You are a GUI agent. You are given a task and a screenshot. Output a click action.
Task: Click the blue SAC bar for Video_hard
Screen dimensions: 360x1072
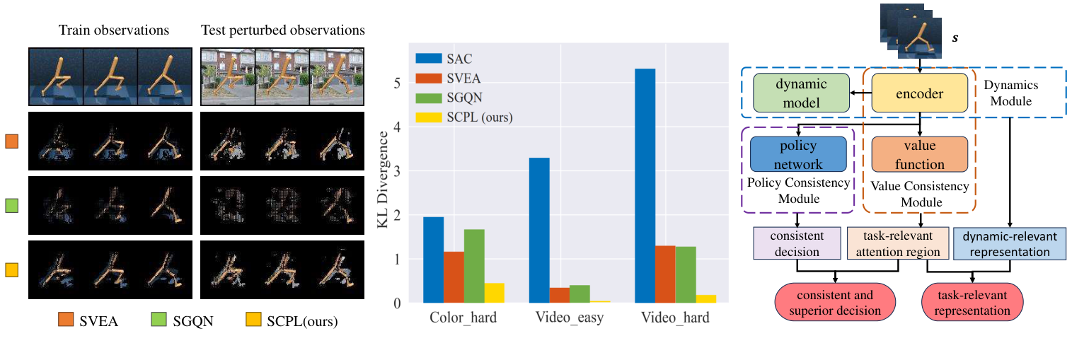click(645, 186)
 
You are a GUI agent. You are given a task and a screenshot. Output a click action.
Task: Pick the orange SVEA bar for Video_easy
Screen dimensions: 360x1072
click(559, 295)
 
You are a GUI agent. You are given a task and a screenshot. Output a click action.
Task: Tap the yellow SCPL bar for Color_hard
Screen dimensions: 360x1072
click(495, 293)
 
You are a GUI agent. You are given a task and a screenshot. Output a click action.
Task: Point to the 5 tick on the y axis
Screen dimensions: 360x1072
click(398, 83)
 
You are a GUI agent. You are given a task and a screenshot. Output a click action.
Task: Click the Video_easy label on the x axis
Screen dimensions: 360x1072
click(569, 318)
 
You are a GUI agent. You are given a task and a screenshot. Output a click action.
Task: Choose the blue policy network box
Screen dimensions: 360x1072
click(798, 155)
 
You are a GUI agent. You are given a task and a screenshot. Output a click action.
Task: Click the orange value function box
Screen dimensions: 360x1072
click(918, 155)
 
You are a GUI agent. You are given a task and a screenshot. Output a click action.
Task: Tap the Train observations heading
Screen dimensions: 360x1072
click(114, 30)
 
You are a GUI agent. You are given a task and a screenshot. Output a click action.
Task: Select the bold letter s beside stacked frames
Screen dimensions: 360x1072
click(955, 36)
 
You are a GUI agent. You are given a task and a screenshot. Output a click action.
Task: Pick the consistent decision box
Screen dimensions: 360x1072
click(797, 243)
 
